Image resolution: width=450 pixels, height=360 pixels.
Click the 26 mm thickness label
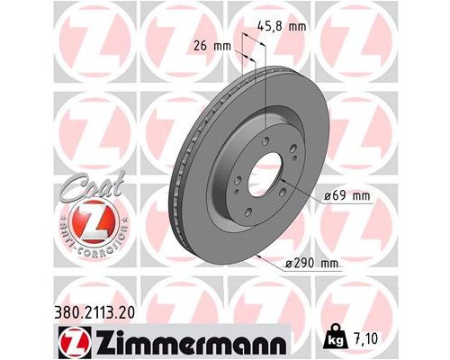(x=210, y=43)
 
